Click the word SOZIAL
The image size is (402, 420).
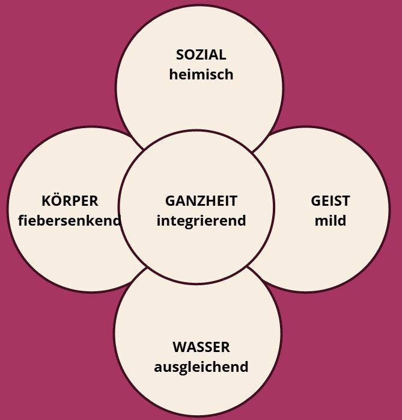[201, 55]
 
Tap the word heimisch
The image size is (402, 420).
[201, 74]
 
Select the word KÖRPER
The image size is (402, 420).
[70, 200]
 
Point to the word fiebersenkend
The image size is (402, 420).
[69, 220]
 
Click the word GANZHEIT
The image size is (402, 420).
[201, 201]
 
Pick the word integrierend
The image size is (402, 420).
[201, 221]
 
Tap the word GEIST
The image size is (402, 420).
[330, 201]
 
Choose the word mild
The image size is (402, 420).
[330, 220]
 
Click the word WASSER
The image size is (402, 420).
[201, 347]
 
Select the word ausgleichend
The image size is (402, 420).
[201, 367]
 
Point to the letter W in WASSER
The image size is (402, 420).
[180, 347]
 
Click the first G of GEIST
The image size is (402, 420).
[316, 201]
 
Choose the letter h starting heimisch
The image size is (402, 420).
[174, 74]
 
